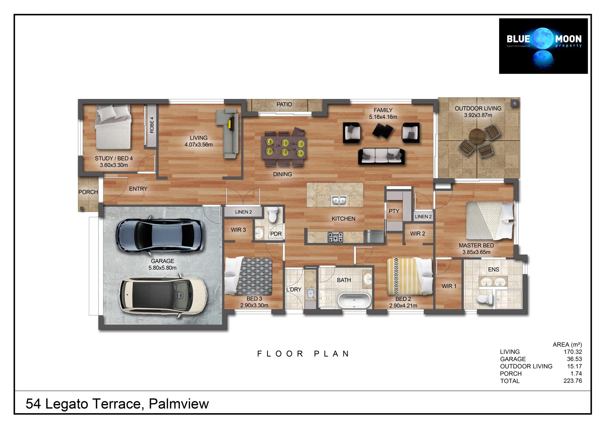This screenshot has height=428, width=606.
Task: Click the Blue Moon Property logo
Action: [x=543, y=46]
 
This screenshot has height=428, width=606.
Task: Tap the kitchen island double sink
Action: [x=339, y=200]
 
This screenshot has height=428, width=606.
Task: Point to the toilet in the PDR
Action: [x=272, y=215]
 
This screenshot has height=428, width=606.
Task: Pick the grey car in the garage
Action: [x=160, y=235]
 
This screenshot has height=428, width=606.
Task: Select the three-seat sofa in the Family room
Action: [x=381, y=156]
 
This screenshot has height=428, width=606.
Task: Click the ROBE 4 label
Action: [x=152, y=125]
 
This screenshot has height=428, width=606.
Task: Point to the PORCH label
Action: [x=88, y=192]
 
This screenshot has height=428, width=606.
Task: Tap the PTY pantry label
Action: [x=394, y=211]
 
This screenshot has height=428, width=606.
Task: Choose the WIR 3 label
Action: [x=238, y=230]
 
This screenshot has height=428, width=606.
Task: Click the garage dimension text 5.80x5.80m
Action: [x=163, y=268]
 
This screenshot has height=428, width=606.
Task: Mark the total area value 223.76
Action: [x=573, y=381]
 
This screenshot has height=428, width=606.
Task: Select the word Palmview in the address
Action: [x=179, y=404]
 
